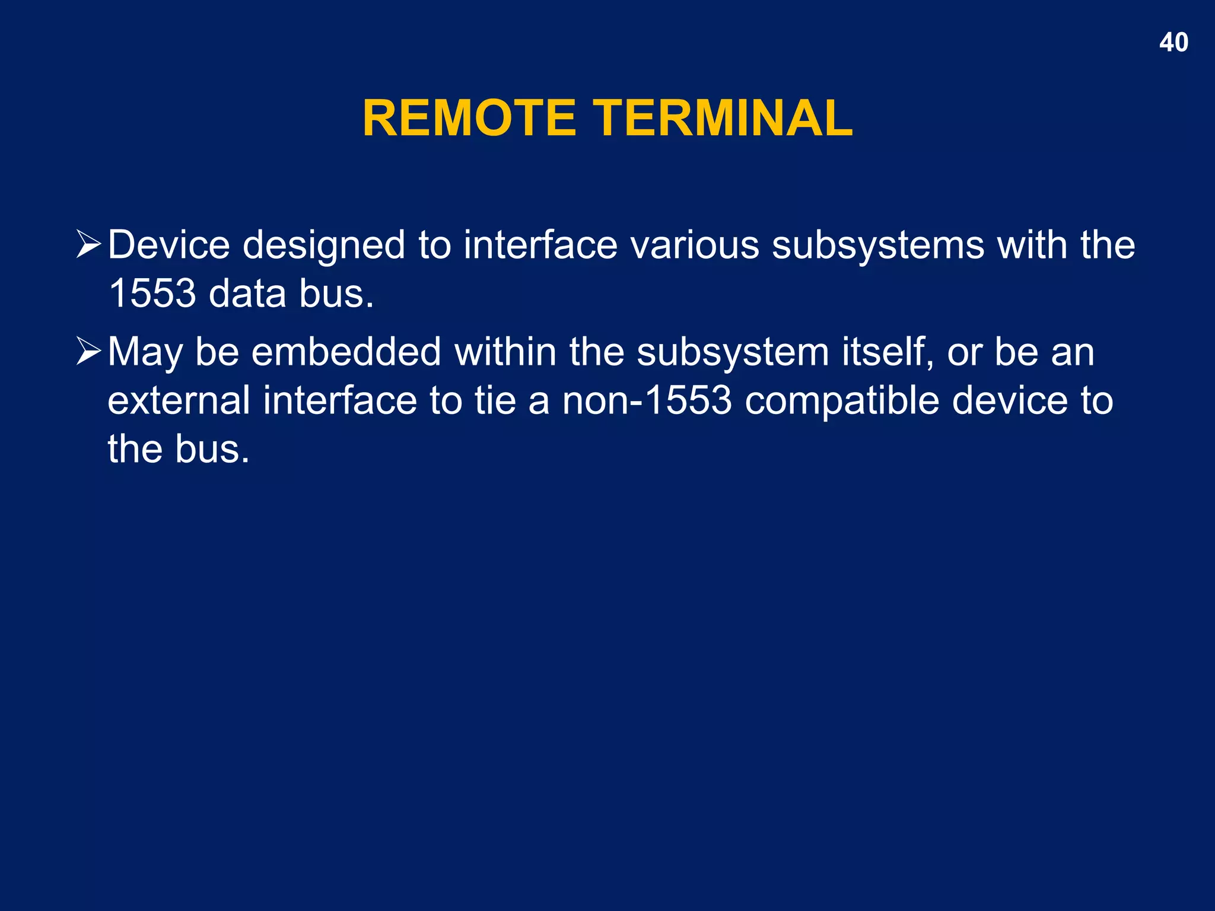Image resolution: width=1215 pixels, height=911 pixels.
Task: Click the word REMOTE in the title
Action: (x=469, y=118)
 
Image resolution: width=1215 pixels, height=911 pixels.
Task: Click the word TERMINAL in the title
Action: (x=723, y=118)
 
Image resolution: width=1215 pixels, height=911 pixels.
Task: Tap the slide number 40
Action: (x=1173, y=43)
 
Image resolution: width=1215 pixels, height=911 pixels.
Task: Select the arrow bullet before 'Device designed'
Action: (x=89, y=245)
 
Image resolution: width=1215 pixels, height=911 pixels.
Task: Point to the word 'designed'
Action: (x=324, y=246)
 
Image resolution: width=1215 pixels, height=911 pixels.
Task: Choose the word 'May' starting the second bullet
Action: (x=145, y=353)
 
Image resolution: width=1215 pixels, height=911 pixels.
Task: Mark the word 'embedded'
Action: (x=346, y=352)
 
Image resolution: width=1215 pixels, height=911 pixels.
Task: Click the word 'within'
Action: (x=505, y=352)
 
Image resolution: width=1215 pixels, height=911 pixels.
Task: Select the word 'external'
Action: (x=179, y=401)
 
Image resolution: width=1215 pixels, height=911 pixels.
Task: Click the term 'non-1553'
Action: (x=647, y=401)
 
